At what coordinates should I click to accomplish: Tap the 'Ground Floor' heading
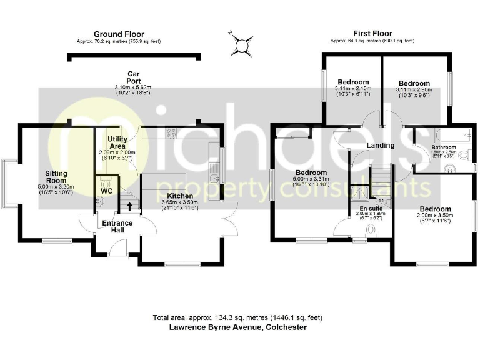119,34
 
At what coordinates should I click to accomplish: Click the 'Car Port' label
133,77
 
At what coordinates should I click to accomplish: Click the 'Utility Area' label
117,142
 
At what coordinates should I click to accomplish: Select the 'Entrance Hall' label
117,227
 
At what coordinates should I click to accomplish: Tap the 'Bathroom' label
444,147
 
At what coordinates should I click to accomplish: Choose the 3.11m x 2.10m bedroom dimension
354,89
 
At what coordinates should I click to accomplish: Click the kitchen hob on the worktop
171,132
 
